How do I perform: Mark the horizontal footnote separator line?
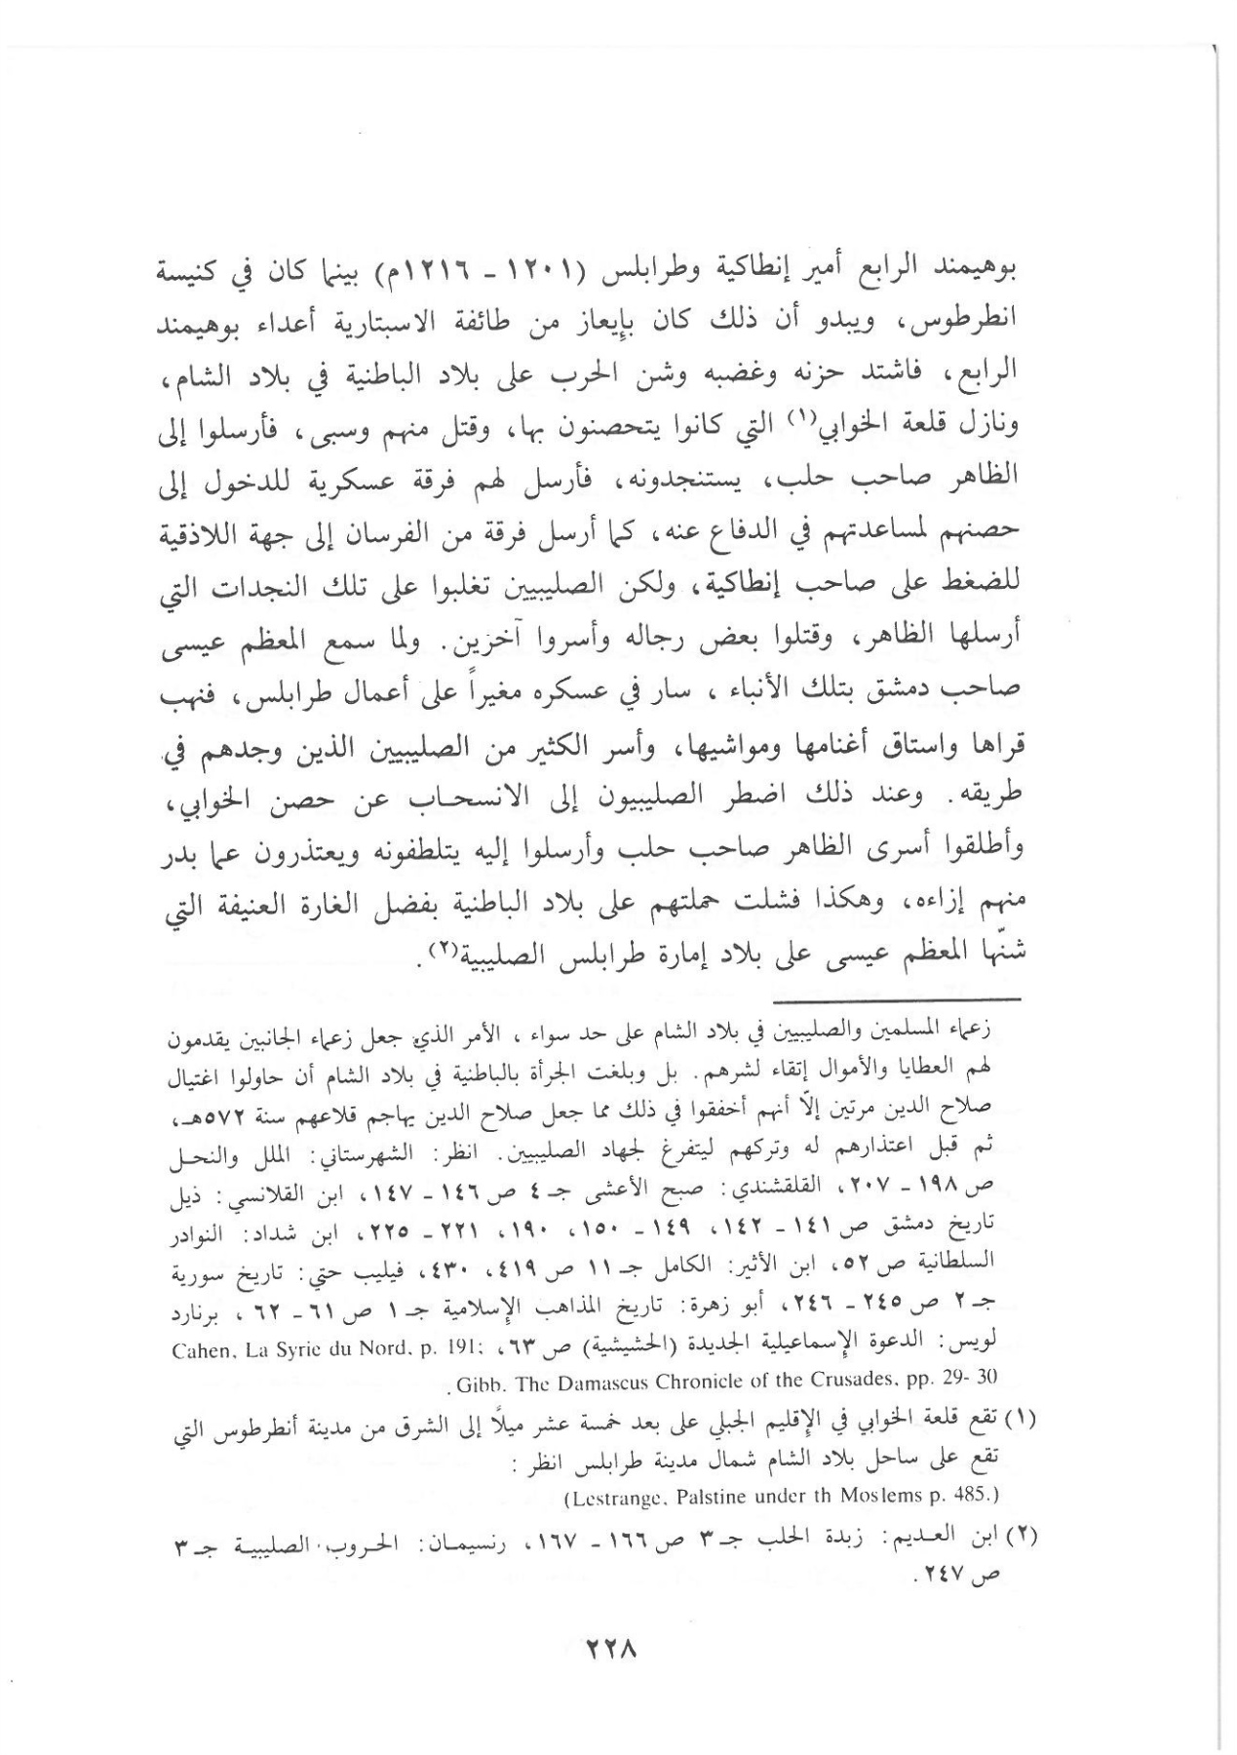pos(897,1000)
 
